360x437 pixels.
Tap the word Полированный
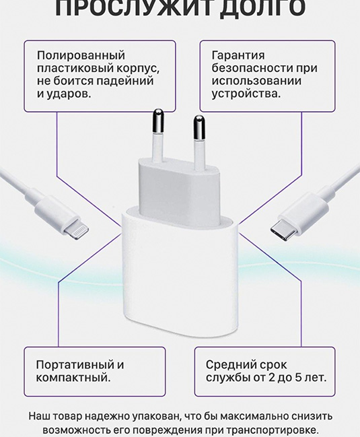point(81,56)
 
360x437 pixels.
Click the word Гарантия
point(238,56)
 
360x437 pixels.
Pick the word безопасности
point(252,68)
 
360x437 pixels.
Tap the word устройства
point(246,94)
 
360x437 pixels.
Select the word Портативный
point(75,365)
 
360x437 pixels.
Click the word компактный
point(73,378)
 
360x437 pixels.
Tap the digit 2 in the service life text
point(272,378)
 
